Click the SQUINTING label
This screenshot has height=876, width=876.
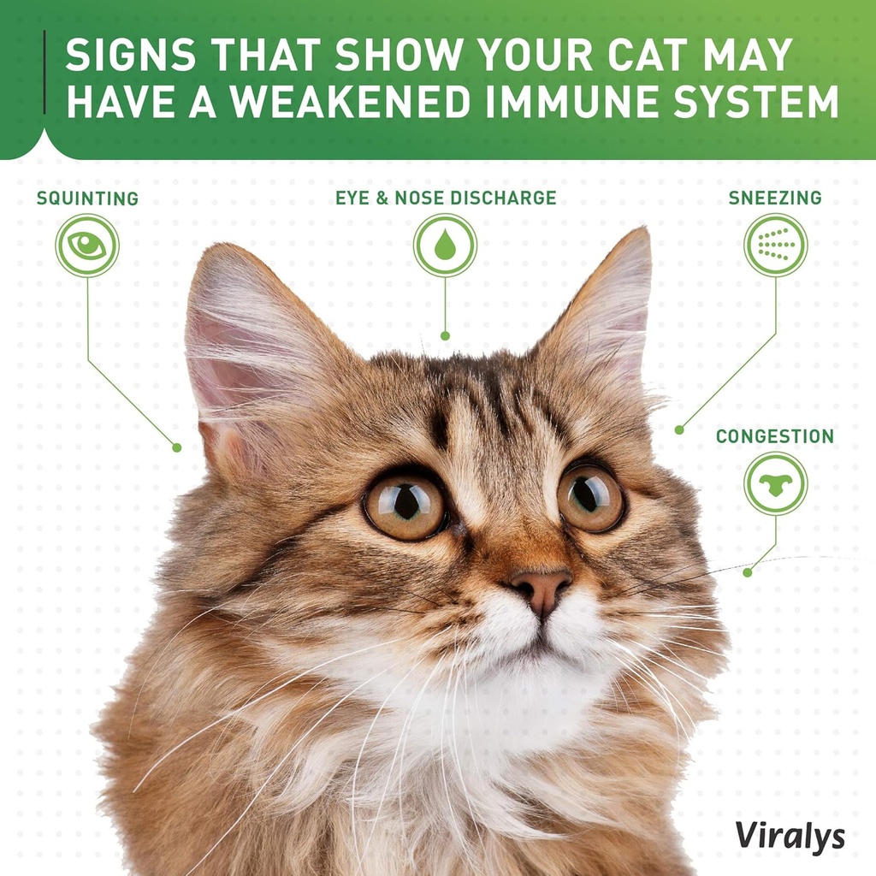tap(87, 198)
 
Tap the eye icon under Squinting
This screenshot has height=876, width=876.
tap(87, 246)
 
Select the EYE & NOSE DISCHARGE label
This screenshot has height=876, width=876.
tap(446, 198)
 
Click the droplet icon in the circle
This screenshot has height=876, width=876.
tap(445, 246)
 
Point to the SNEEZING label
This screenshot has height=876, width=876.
tap(775, 198)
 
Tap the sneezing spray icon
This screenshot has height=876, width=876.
tap(775, 245)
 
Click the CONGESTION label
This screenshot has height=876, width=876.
tap(775, 436)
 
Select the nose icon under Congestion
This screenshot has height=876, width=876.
tap(775, 483)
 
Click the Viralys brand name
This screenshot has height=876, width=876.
tap(790, 836)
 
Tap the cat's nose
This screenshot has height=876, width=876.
tap(541, 587)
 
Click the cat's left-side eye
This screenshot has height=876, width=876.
tap(405, 505)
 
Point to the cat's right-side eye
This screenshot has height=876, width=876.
tap(590, 497)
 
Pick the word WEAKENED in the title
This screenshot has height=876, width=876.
tap(351, 102)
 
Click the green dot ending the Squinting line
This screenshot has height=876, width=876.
tap(177, 447)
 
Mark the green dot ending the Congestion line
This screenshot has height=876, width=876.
tap(747, 572)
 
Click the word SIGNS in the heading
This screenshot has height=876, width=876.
tap(133, 56)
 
